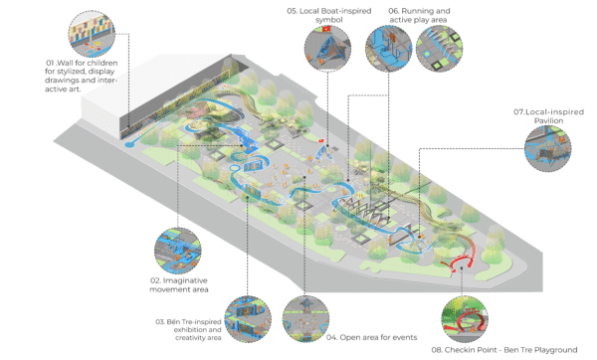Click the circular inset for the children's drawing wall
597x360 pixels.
92,34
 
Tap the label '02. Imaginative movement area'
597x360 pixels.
179,285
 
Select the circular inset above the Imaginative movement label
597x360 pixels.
178,251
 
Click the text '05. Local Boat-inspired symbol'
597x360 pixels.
329,15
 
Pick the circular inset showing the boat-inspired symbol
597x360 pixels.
327,49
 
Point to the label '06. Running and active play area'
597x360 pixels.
419,15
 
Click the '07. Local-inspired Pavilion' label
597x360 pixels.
548,116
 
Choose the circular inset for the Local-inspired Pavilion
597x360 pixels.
548,148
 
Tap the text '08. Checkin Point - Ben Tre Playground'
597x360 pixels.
504,350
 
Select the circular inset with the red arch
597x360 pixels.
465,319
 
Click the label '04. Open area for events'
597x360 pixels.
371,337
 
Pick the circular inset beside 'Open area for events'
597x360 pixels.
305,319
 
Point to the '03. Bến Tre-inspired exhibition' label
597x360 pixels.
188,322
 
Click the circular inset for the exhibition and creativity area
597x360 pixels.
248,319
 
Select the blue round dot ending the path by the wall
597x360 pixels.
128,144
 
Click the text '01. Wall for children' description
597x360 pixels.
82,76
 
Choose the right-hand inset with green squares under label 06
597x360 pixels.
439,49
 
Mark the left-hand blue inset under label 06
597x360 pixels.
388,49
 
